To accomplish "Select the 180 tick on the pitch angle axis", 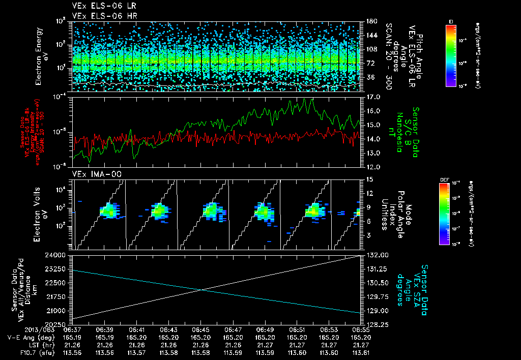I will pyautogui.click(x=370, y=21).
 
